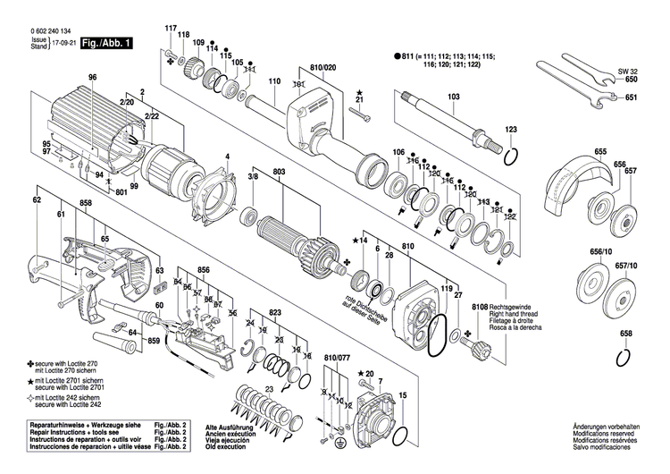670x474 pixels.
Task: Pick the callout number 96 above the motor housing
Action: pos(91,78)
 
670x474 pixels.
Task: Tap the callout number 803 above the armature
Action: pos(280,170)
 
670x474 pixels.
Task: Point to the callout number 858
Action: pos(85,204)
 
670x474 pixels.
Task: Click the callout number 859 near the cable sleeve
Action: pos(154,342)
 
